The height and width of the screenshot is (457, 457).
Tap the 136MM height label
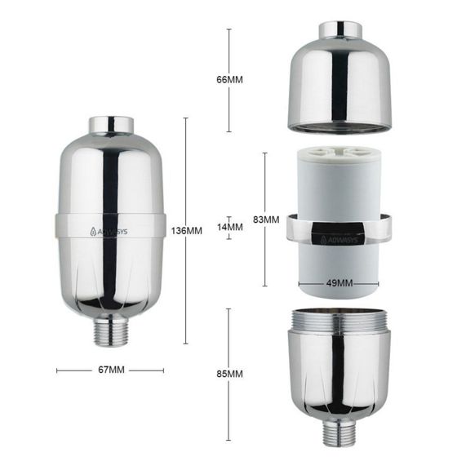point(188,231)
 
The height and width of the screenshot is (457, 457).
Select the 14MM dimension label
point(233,227)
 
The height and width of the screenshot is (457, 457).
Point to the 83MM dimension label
point(266,220)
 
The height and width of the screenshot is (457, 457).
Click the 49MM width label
point(338,284)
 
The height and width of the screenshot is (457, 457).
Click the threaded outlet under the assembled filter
point(112,331)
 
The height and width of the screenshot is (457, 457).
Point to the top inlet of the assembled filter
point(112,125)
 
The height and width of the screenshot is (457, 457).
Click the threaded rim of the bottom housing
point(339,319)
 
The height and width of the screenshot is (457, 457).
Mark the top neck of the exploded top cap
point(339,30)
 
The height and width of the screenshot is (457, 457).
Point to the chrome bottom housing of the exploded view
point(339,367)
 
